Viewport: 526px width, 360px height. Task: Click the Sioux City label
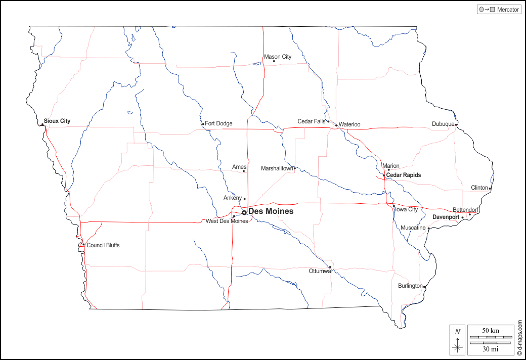[x=57, y=121]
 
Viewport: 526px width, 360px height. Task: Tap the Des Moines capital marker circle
[x=244, y=212]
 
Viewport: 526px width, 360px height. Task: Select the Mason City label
[x=278, y=57]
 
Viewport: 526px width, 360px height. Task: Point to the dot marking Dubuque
[x=456, y=124]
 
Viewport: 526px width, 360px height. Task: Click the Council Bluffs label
[x=103, y=246]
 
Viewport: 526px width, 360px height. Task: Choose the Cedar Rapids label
[x=404, y=175]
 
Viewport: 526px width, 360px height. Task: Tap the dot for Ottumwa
[x=330, y=267]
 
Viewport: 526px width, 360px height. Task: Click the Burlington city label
[x=410, y=286]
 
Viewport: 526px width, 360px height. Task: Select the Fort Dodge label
[x=218, y=123]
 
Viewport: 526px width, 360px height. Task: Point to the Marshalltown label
[x=277, y=168]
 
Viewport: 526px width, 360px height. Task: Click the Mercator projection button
[x=499, y=10]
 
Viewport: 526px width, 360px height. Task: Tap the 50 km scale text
[x=491, y=331]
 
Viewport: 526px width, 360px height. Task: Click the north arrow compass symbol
[x=458, y=340]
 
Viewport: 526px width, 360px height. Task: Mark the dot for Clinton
[x=490, y=189]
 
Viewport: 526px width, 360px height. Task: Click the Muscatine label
[x=413, y=228]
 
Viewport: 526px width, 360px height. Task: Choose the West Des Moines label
[x=227, y=221]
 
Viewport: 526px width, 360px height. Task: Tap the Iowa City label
[x=407, y=209]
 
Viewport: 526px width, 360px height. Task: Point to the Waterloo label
[x=349, y=124]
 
